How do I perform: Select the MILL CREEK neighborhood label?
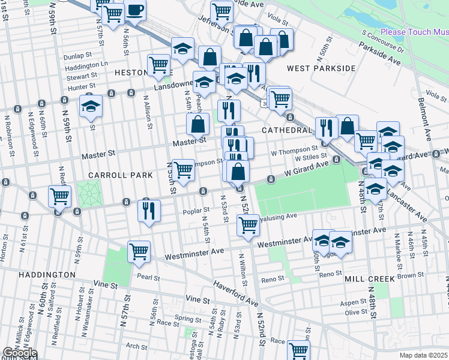pos(370,279)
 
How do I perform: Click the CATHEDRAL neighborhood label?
pos(287,130)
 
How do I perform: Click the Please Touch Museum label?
pos(414,32)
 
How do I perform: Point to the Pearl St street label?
pos(148,277)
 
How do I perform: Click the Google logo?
pos(19,353)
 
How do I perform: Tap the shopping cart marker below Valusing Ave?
pos(248,226)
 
